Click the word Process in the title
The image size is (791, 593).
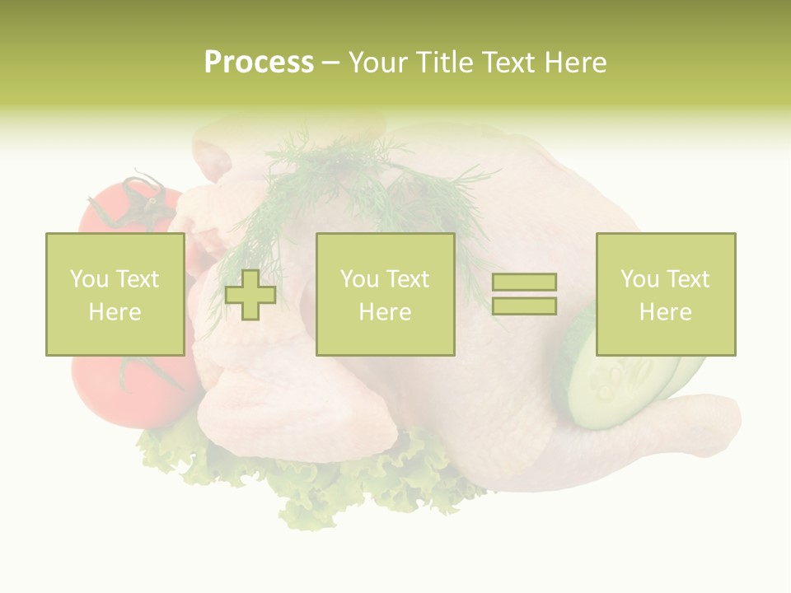259,63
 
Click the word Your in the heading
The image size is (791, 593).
377,63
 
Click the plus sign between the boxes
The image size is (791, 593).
250,295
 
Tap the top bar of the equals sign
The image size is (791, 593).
524,282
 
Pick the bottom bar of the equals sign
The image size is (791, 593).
524,306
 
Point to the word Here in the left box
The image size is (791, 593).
115,312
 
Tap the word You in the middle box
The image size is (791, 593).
359,279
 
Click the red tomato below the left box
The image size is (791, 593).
132,391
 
